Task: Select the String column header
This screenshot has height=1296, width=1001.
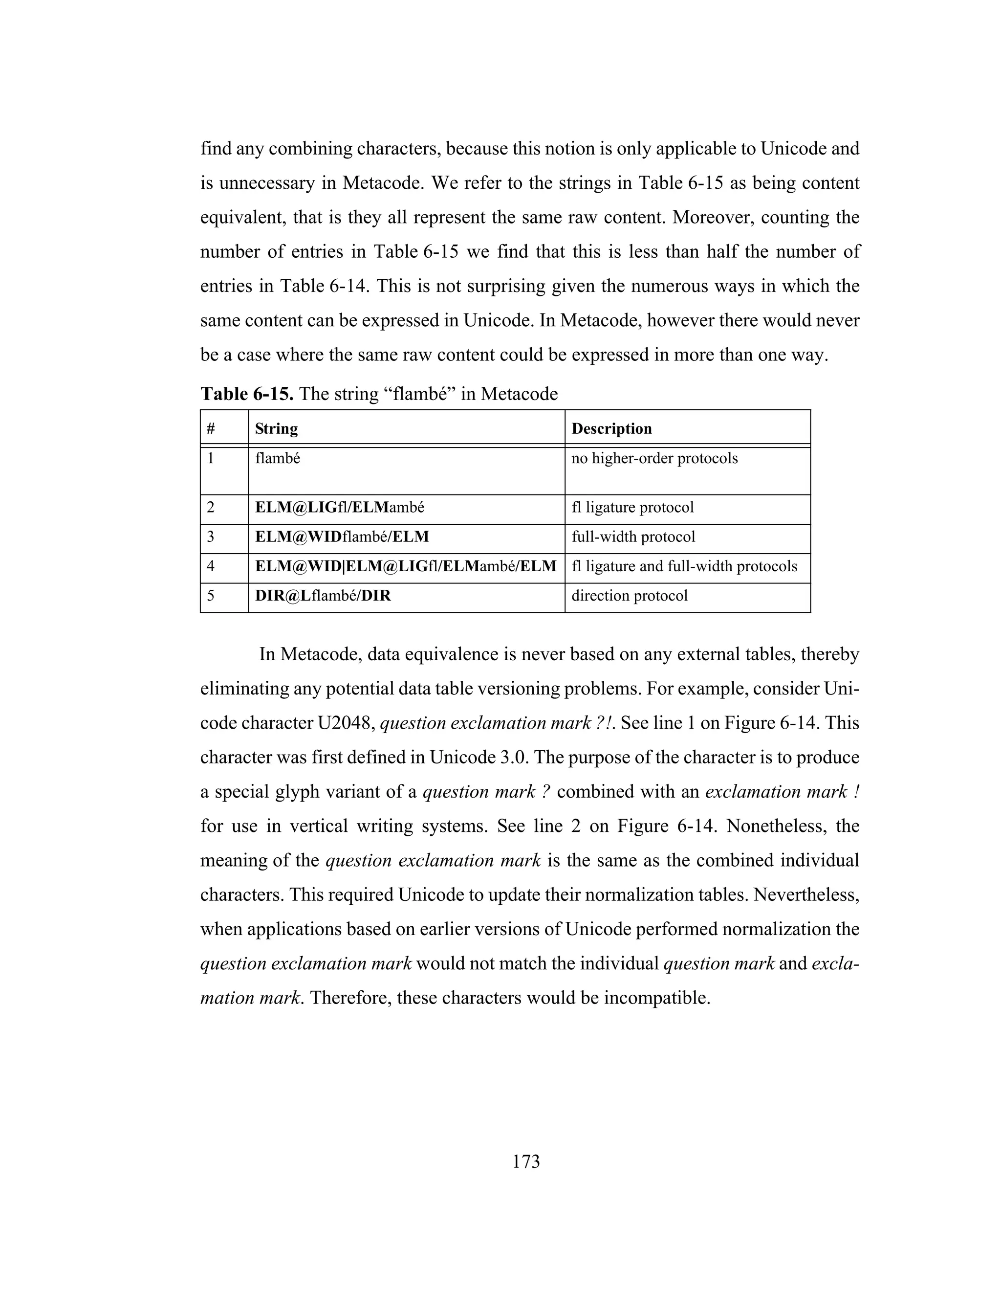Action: coord(276,428)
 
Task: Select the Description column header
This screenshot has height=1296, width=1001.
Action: coord(611,428)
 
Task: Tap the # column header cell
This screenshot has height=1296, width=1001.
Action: coord(211,428)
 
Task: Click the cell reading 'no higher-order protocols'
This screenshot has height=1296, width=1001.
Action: coord(654,458)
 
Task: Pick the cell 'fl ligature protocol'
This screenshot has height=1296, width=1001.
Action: coord(632,507)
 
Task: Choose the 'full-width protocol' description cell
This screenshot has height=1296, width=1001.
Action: coord(633,536)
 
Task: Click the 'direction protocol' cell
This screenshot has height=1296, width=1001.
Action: coord(629,595)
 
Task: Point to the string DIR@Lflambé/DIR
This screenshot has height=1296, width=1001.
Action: coord(323,595)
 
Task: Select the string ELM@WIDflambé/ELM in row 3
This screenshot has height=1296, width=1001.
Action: coord(342,536)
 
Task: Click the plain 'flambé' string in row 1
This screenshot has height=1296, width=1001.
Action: coord(278,458)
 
